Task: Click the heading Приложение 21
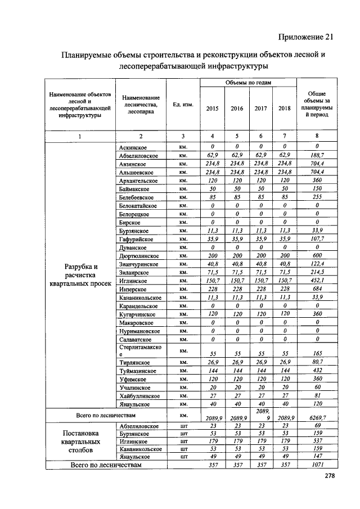[x=305, y=37]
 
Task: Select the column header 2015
[x=213, y=109]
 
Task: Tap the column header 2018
[x=285, y=109]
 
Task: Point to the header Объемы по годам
[x=248, y=83]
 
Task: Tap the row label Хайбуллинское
[x=139, y=397]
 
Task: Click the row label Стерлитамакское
[x=140, y=351]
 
